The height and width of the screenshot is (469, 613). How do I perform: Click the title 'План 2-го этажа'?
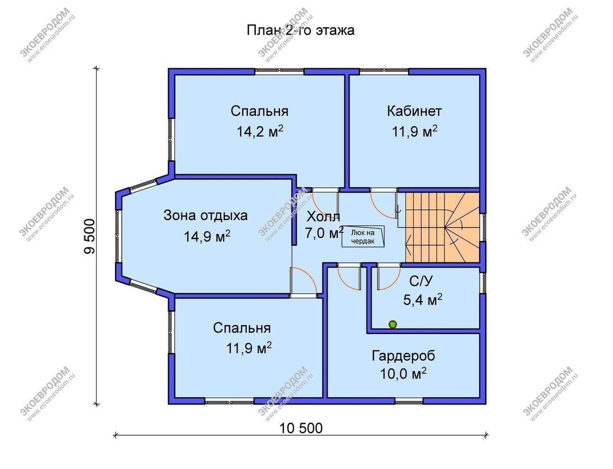pos(300,30)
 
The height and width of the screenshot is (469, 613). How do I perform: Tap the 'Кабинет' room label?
pos(414,111)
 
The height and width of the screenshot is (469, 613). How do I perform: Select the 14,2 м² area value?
pos(260,131)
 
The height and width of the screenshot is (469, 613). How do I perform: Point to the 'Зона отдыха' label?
pos(205,216)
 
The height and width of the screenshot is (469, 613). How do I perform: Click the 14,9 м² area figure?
pos(207,236)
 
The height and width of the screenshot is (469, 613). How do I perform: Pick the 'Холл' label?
pos(323,217)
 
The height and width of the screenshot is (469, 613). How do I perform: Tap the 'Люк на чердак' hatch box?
pos(363,236)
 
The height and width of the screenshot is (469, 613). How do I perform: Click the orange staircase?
pos(442,227)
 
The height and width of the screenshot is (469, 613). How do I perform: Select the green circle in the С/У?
pos(393,324)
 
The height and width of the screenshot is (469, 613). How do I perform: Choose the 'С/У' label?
pos(421,281)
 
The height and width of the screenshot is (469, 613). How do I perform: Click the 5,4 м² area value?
pos(422,300)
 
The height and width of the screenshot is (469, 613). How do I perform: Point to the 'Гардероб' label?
pos(404,356)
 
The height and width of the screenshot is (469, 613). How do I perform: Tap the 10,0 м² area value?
pos(403,374)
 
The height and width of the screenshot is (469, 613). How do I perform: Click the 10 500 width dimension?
pos(301,428)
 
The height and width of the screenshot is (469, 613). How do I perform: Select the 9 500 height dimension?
pos(89,236)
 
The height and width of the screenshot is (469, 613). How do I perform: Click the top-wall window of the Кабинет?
pos(384,72)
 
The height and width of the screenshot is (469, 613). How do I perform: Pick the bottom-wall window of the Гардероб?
pos(409,401)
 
